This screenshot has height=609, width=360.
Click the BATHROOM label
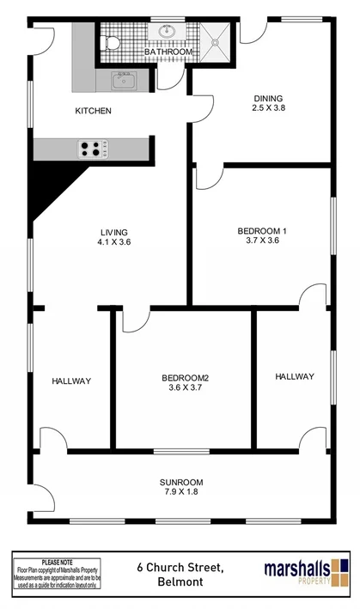(168, 52)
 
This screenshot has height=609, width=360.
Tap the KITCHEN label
(93, 111)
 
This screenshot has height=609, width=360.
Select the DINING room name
(267, 97)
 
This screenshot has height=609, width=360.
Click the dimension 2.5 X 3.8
(267, 108)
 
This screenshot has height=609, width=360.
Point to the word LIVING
(114, 232)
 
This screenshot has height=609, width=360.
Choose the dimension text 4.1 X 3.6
(114, 242)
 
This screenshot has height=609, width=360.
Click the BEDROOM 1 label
(262, 230)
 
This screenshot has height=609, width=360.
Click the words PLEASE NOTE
(57, 561)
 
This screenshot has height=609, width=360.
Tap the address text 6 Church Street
(180, 567)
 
